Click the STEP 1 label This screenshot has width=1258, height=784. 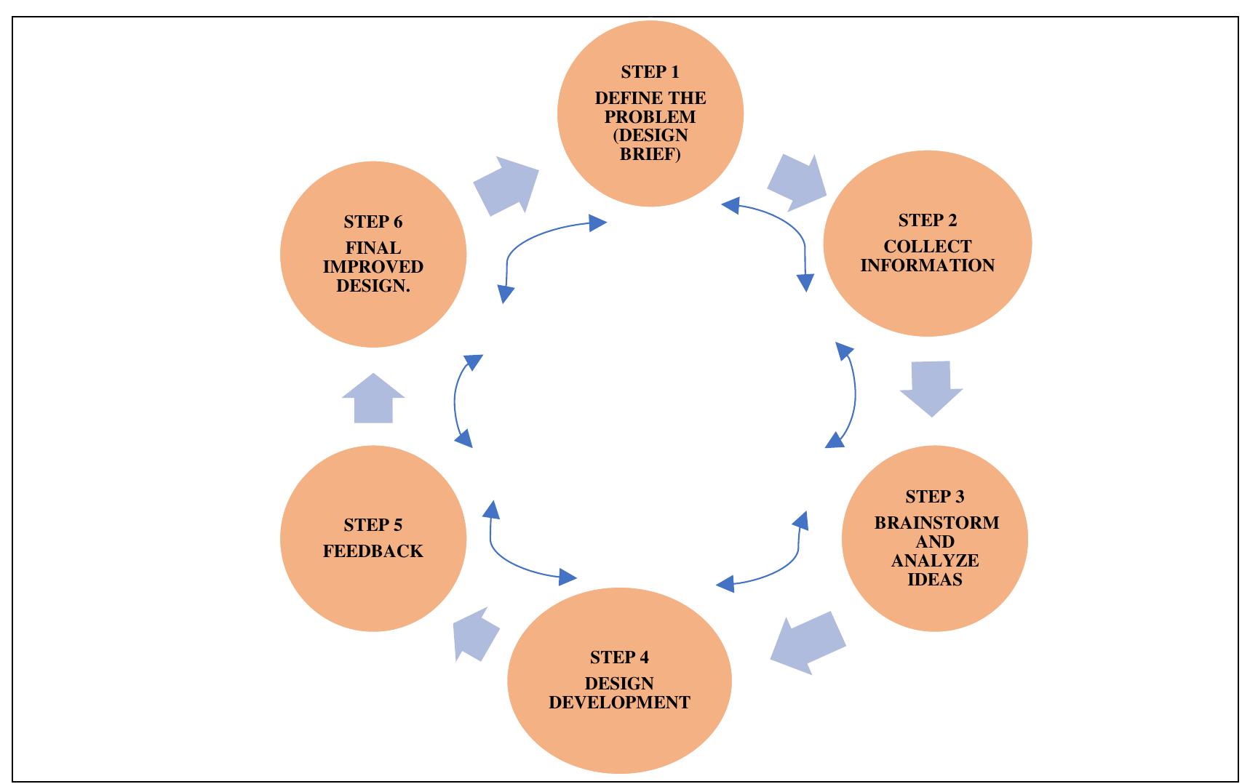(x=650, y=72)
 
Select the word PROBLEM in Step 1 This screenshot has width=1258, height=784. (x=650, y=117)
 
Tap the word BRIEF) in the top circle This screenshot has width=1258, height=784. (x=650, y=154)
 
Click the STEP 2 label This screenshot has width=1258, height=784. (x=927, y=220)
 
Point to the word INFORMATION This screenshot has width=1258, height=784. (x=927, y=265)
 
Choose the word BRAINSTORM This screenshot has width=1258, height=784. (x=936, y=523)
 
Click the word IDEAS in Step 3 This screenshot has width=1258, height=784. (x=935, y=580)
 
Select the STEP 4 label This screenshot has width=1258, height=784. (x=619, y=657)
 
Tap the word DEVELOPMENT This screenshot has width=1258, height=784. (x=619, y=703)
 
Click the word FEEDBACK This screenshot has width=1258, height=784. (x=373, y=551)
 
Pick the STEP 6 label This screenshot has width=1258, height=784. (x=373, y=222)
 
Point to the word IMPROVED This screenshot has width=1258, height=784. (x=373, y=267)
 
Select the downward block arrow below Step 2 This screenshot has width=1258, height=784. (x=931, y=388)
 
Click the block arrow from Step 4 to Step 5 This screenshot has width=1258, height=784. (x=474, y=633)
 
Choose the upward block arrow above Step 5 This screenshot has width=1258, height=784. (x=373, y=399)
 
